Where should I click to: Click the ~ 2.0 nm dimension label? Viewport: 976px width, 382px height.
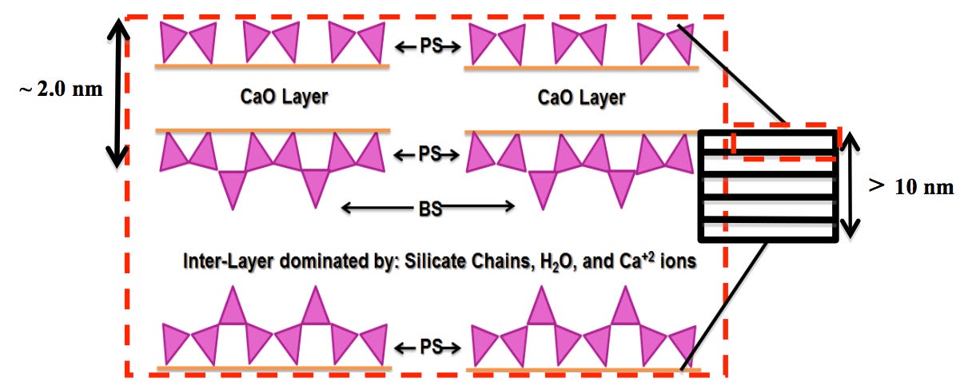pyautogui.click(x=61, y=90)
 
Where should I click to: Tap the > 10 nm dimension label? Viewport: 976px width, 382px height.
pyautogui.click(x=911, y=187)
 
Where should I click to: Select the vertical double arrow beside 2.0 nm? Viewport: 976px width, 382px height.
pyautogui.click(x=118, y=93)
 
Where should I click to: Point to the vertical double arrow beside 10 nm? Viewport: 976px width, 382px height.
pyautogui.click(x=850, y=185)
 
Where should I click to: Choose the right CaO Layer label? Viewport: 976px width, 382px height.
pyautogui.click(x=581, y=98)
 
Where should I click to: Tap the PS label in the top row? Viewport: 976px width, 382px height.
pyautogui.click(x=431, y=46)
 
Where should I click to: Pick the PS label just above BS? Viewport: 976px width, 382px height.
pyautogui.click(x=429, y=153)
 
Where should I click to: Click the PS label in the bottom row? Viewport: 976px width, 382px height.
pyautogui.click(x=431, y=347)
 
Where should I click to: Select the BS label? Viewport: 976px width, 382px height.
pyautogui.click(x=430, y=209)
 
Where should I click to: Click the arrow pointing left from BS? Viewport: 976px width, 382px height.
pyautogui.click(x=377, y=207)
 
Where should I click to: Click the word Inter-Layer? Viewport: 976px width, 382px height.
pyautogui.click(x=229, y=261)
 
